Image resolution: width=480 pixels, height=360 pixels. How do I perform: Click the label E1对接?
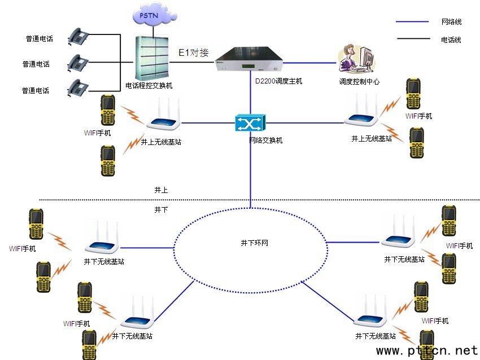(194, 53)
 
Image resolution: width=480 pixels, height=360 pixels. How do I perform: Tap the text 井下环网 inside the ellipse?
(250, 243)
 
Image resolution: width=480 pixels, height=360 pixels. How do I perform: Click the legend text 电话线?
(451, 39)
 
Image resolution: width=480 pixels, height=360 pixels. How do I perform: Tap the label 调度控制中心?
(359, 81)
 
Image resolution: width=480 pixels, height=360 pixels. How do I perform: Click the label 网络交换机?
(266, 140)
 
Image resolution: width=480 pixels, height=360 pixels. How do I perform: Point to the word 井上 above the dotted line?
(161, 190)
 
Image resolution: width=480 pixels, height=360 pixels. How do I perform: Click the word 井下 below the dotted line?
(161, 209)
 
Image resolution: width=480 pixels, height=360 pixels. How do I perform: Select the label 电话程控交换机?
(149, 86)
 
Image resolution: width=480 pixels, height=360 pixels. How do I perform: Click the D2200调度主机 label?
(279, 81)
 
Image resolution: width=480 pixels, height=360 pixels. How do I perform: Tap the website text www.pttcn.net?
(427, 351)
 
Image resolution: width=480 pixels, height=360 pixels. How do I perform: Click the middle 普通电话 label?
(36, 64)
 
